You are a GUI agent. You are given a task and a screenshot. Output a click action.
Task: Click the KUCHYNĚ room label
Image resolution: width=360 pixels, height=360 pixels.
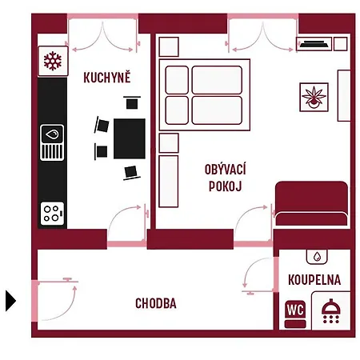107,77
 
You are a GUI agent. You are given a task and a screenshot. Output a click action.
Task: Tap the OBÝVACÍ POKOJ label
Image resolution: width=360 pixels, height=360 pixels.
225,178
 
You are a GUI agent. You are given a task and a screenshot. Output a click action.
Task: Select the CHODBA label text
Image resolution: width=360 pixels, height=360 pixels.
156,303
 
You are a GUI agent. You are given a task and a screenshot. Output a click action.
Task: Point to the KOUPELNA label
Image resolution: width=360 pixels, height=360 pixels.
314,280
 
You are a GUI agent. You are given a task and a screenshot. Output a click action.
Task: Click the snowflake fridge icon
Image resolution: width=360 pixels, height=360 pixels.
53,61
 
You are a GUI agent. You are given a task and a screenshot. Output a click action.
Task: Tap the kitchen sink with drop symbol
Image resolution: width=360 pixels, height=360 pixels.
52,142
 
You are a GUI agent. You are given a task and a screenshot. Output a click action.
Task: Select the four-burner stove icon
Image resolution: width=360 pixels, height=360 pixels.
52,214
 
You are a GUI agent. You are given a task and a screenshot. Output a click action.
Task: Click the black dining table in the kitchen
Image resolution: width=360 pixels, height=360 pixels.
130,138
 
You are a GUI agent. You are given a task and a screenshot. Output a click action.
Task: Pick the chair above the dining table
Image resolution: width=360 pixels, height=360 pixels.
132,102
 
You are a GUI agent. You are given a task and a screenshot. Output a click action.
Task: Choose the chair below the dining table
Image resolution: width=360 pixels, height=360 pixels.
131,173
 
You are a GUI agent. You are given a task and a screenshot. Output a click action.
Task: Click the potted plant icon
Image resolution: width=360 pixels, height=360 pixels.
314,97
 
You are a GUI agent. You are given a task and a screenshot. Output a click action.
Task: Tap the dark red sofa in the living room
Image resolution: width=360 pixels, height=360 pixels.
311,204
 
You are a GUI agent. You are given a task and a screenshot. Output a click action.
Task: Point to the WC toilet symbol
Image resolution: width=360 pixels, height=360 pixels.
295,314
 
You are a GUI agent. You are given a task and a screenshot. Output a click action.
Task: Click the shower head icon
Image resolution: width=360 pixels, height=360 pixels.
331,311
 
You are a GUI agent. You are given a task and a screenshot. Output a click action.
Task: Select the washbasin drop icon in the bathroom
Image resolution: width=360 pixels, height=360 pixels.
317,257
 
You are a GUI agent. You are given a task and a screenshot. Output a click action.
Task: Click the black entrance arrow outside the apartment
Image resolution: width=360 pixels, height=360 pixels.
10,301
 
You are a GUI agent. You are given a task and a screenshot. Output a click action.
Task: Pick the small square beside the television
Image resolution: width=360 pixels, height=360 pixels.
341,44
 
